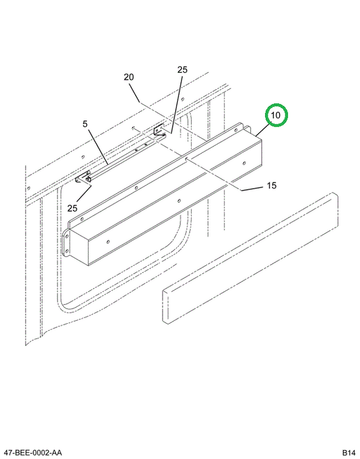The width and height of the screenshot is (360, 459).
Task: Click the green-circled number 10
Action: (277, 115)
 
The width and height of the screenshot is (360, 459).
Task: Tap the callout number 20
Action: (129, 77)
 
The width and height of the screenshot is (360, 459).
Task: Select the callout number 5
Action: (85, 124)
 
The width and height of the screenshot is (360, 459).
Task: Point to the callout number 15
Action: (271, 186)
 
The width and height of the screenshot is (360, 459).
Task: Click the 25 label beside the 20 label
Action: (182, 70)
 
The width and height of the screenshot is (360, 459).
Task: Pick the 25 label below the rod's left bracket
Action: (72, 208)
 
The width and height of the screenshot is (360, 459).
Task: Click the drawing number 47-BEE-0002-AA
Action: (31, 453)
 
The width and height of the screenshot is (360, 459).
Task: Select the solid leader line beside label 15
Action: (252, 189)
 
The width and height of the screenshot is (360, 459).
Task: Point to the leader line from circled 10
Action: (263, 130)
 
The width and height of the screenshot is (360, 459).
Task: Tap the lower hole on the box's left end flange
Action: (67, 251)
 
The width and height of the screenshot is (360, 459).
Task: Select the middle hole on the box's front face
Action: (180, 201)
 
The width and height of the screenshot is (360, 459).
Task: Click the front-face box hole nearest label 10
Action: (244, 163)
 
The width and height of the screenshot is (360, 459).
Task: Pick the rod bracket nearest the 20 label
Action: (159, 131)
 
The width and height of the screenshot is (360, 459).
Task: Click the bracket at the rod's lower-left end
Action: (84, 178)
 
